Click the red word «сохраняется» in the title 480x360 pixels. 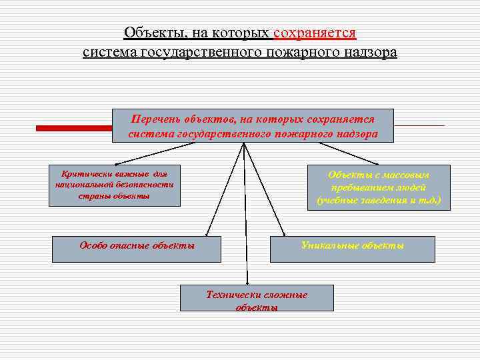pyautogui.click(x=315, y=33)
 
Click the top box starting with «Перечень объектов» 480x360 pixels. pyautogui.click(x=253, y=126)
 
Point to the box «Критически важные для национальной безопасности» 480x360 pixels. pyautogui.click(x=114, y=185)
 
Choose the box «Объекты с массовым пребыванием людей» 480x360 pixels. pyautogui.click(x=379, y=187)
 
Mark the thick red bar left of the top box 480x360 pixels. pyautogui.click(x=73, y=127)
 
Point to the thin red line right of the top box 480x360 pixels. pyautogui.click(x=419, y=125)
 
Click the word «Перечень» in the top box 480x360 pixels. pyautogui.click(x=157, y=119)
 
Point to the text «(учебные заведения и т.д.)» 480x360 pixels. pyautogui.click(x=379, y=200)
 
